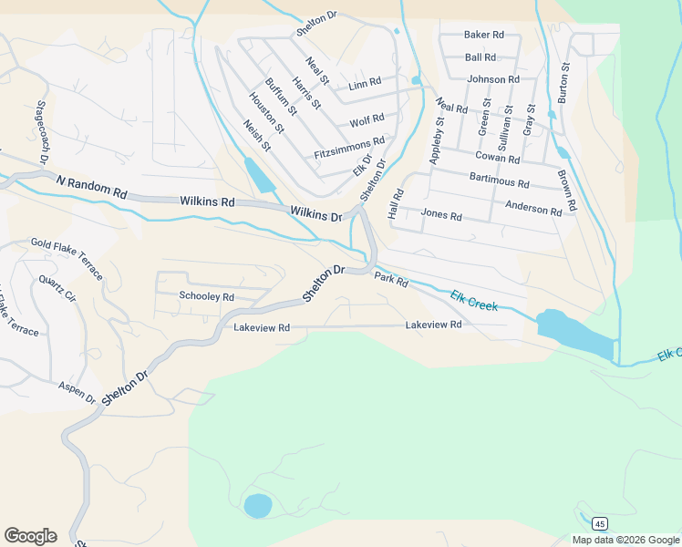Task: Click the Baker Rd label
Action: click(x=484, y=35)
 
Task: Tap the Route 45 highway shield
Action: click(x=598, y=523)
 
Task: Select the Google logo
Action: click(x=30, y=536)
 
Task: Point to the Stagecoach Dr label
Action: click(x=42, y=133)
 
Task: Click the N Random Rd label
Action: click(x=91, y=187)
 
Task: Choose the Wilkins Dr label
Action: click(x=315, y=214)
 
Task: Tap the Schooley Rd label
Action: click(x=207, y=296)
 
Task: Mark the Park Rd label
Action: click(x=390, y=279)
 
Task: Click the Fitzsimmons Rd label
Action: click(x=349, y=149)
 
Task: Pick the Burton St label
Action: click(x=563, y=82)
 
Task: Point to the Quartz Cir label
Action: click(x=57, y=288)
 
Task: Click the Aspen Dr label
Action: click(x=77, y=393)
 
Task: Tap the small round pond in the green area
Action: click(x=258, y=505)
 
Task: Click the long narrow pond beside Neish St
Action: click(x=259, y=175)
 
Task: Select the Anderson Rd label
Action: click(x=533, y=209)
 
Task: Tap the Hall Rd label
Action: click(x=396, y=203)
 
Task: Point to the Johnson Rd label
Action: click(x=493, y=79)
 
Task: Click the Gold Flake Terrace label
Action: click(x=67, y=253)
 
